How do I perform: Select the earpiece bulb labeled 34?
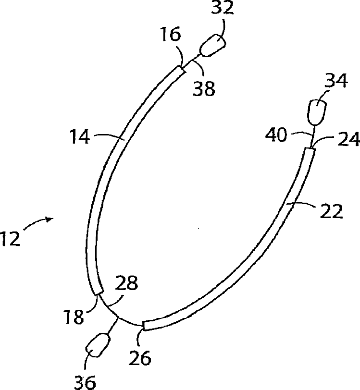tap(316, 111)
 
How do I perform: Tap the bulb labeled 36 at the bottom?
tap(97, 345)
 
